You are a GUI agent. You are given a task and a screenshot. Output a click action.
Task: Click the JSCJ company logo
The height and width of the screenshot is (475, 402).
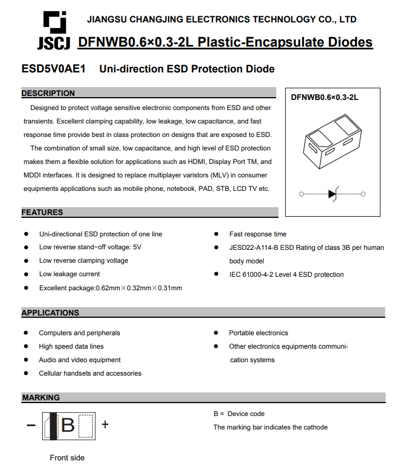(55, 31)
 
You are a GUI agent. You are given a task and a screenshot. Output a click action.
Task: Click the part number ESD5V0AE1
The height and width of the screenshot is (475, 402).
(53, 69)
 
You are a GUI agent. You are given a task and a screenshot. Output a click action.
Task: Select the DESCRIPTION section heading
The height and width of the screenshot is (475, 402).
(48, 93)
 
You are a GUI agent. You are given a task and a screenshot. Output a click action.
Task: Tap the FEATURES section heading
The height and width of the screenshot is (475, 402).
(43, 212)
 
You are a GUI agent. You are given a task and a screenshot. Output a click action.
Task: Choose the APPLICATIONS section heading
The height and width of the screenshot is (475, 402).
(51, 313)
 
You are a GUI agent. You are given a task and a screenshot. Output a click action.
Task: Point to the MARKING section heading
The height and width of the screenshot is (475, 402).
(41, 398)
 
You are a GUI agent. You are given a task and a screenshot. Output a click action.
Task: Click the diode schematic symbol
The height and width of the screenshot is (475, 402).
(332, 194)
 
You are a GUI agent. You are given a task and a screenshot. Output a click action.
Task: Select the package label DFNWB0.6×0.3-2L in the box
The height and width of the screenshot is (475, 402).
(325, 97)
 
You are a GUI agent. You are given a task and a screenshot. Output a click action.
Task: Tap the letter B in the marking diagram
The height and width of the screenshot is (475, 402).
(68, 425)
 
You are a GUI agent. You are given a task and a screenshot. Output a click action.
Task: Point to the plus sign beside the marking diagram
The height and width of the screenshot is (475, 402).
(105, 424)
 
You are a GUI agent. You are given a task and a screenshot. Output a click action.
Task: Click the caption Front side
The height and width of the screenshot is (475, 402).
(67, 458)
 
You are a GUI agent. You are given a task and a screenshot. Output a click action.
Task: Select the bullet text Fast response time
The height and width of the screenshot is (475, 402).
(258, 234)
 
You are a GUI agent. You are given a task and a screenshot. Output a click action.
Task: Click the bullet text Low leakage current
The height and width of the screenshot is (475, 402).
(70, 274)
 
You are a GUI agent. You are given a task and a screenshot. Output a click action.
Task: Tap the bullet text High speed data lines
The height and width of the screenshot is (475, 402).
(71, 346)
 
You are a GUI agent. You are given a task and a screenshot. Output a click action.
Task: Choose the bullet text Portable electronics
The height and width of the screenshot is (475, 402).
(258, 333)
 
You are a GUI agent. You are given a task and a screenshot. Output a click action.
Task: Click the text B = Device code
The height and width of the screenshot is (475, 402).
(239, 414)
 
